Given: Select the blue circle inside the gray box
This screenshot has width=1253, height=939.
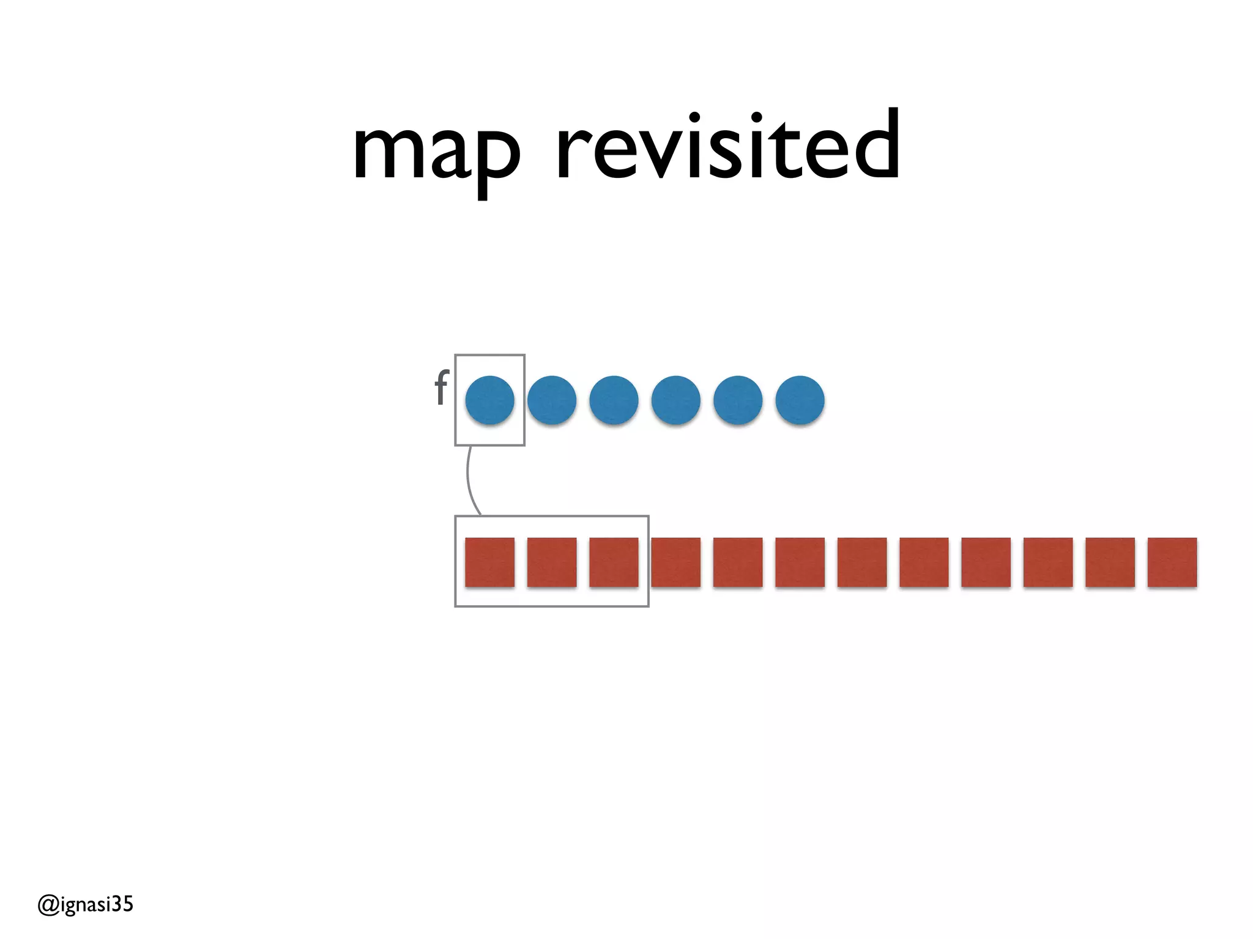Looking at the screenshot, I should pos(489,400).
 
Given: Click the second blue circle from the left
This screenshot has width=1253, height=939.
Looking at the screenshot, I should pos(552,400).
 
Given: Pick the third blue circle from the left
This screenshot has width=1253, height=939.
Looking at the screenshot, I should pos(614,400).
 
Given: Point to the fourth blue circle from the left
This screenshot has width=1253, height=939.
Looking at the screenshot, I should pos(676,400).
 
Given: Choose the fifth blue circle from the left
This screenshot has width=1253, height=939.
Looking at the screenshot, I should pos(738,400).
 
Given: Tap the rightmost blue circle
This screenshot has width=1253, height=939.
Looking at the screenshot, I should pos(800,400).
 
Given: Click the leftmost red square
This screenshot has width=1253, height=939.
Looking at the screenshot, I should pos(489,562).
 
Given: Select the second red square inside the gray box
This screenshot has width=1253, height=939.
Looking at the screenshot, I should pos(552,562).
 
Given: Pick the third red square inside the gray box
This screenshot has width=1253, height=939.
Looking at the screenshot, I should pos(614,562).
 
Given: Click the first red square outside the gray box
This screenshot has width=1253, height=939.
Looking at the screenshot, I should pos(676,562).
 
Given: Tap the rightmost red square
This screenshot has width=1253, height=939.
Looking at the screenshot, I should pos(1172,562).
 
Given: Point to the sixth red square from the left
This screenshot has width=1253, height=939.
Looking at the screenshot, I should pos(800,562).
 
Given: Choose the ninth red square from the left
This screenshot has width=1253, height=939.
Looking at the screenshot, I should pos(986,562).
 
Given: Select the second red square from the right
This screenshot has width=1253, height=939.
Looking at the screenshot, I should pos(1110,562).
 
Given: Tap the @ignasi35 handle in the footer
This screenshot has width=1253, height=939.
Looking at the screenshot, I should pos(85,904).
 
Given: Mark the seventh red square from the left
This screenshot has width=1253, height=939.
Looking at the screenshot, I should pos(862,562).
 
